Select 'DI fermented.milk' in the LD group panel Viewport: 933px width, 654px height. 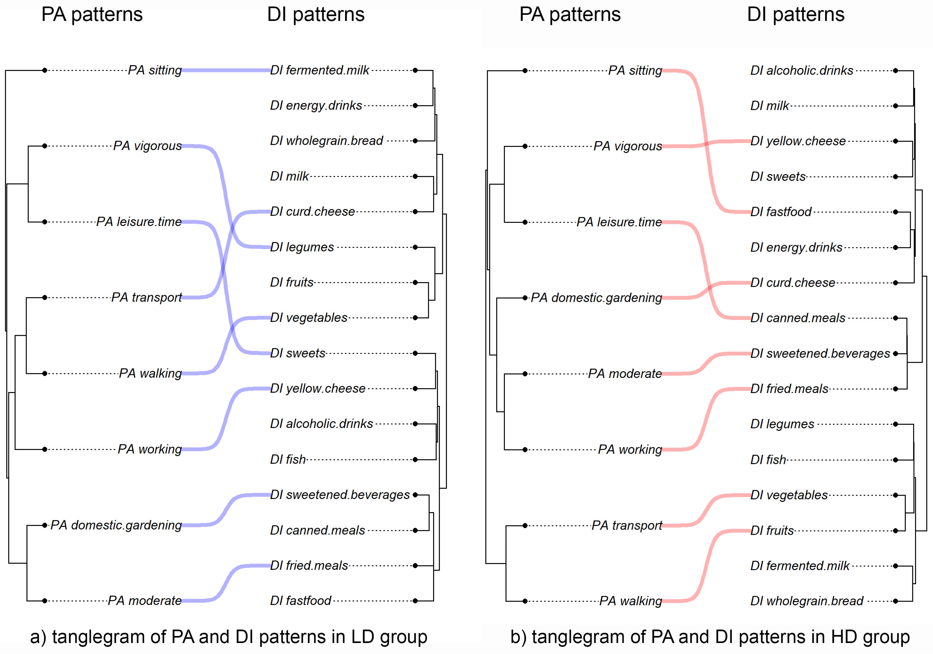(319, 70)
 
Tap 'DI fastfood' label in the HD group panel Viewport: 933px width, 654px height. (781, 212)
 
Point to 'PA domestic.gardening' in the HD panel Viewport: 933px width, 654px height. (596, 297)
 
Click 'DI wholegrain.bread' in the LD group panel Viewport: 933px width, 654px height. (326, 141)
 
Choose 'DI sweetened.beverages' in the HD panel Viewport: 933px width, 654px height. (820, 353)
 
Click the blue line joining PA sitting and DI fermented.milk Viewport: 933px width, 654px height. (226, 70)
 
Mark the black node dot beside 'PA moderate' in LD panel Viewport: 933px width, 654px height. (45, 601)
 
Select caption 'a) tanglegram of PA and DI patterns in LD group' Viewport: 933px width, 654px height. (228, 637)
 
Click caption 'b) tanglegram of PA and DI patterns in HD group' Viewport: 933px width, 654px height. (709, 637)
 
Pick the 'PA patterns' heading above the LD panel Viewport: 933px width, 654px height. (92, 15)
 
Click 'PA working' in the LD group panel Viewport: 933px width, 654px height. (149, 449)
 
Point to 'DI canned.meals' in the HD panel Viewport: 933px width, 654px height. (797, 318)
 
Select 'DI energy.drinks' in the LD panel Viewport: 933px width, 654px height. (316, 106)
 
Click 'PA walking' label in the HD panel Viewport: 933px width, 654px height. (630, 601)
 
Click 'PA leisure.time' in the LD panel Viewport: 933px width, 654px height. (139, 222)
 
